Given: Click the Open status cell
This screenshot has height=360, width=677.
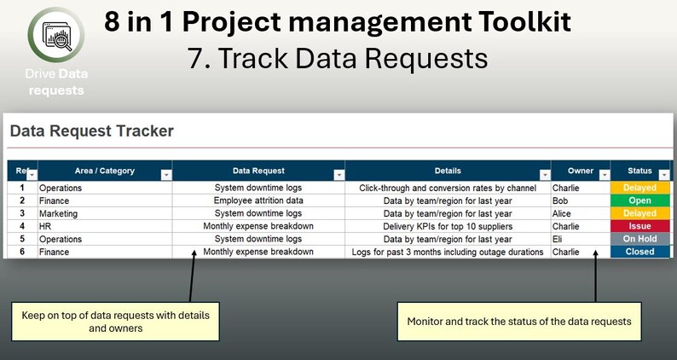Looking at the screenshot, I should point(639,200).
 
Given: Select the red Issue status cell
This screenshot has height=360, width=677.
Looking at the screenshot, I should point(639,226).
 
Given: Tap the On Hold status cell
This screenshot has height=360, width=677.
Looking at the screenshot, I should point(639,239).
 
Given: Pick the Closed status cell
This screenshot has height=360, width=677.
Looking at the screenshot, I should point(639,252).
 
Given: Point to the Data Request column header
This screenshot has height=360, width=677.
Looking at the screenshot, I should point(258,171).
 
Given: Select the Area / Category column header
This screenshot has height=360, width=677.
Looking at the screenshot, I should point(104,171).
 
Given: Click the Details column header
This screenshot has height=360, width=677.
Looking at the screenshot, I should point(447,171).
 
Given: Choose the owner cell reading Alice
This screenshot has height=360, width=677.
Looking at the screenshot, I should point(564,213).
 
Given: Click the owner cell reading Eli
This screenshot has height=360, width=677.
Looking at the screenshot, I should point(558,239).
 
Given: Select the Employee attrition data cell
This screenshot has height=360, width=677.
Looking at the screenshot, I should point(258,200).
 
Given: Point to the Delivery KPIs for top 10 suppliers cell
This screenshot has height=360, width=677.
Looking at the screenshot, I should point(447,226).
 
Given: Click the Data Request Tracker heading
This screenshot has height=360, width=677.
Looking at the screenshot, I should point(91,131).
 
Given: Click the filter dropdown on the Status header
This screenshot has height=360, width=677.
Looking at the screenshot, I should point(664,175).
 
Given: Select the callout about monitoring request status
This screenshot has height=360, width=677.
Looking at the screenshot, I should point(518,322).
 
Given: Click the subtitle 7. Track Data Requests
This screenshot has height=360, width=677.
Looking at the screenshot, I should point(338,58).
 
